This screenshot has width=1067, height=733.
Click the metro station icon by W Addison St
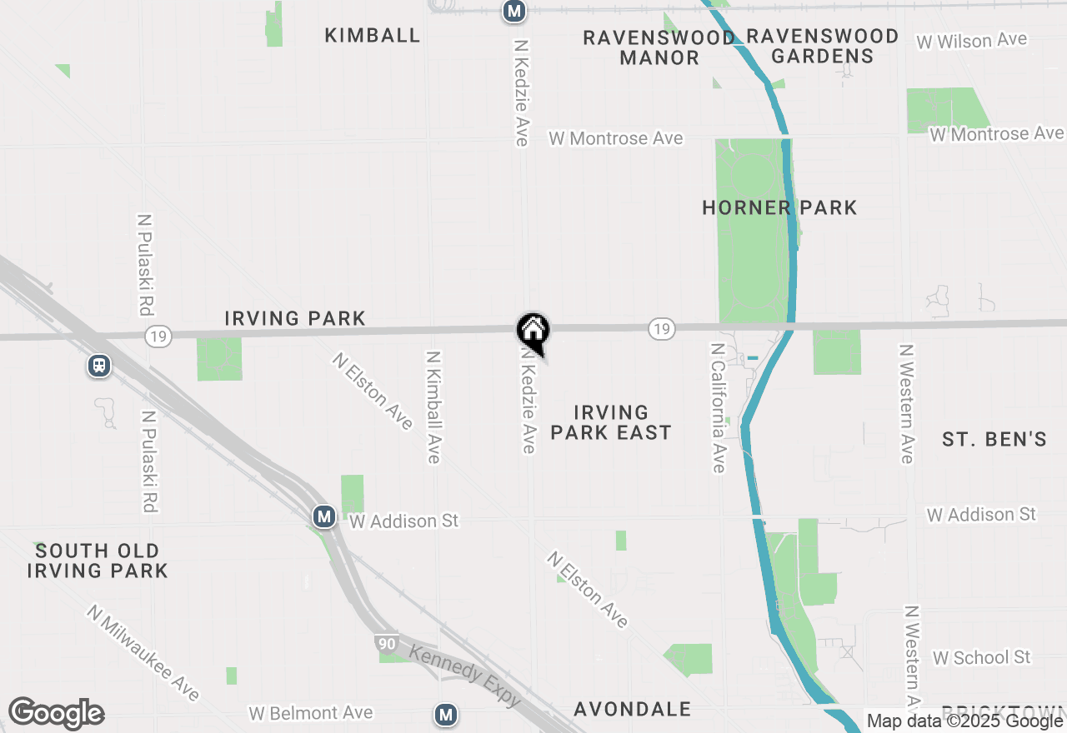[x=324, y=517]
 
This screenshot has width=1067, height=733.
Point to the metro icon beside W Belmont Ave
[x=447, y=714]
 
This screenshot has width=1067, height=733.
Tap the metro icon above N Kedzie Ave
[x=514, y=11]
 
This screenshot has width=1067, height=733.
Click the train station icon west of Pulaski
[x=99, y=366]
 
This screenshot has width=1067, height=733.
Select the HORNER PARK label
[x=779, y=207]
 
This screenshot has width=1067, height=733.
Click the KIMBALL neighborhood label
[x=373, y=35]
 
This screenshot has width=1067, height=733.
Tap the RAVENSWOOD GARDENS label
[x=822, y=46]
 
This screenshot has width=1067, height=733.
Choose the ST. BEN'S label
[x=994, y=439]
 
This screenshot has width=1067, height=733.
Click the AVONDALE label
[x=633, y=709]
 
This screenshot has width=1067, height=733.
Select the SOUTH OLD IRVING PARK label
[x=98, y=561]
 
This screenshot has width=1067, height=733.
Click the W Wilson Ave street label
[x=971, y=41]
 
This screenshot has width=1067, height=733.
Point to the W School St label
[x=982, y=657]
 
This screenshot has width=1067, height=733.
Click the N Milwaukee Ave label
[x=143, y=653]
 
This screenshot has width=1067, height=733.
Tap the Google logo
[x=56, y=714]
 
